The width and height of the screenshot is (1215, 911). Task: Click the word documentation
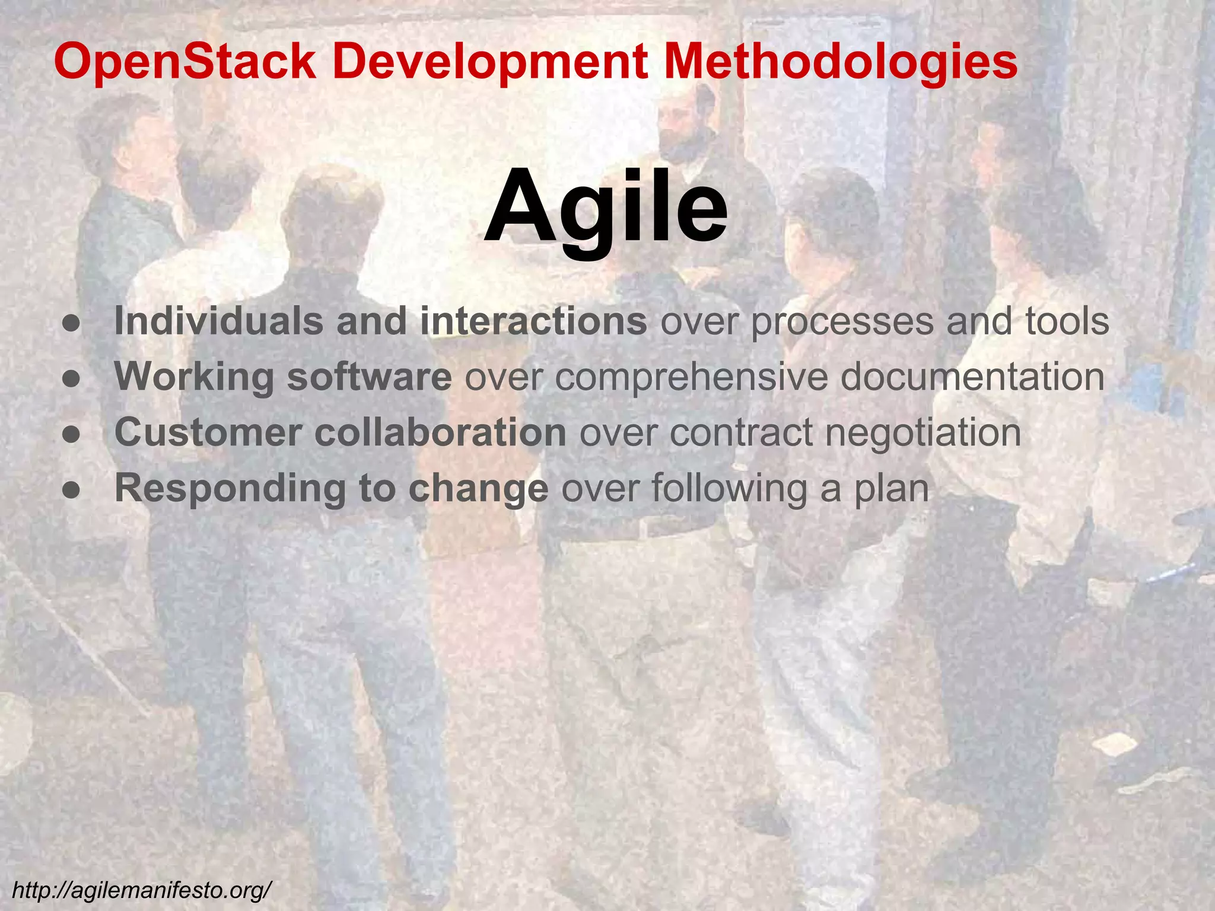pos(972,376)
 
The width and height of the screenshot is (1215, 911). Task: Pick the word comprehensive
pos(691,377)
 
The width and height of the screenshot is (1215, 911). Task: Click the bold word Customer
pos(208,432)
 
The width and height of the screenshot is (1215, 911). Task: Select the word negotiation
pos(923,433)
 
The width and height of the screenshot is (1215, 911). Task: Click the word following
pos(729,489)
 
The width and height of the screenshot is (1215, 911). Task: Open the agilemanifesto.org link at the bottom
pos(142,890)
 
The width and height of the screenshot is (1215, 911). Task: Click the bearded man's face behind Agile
pos(682,128)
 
